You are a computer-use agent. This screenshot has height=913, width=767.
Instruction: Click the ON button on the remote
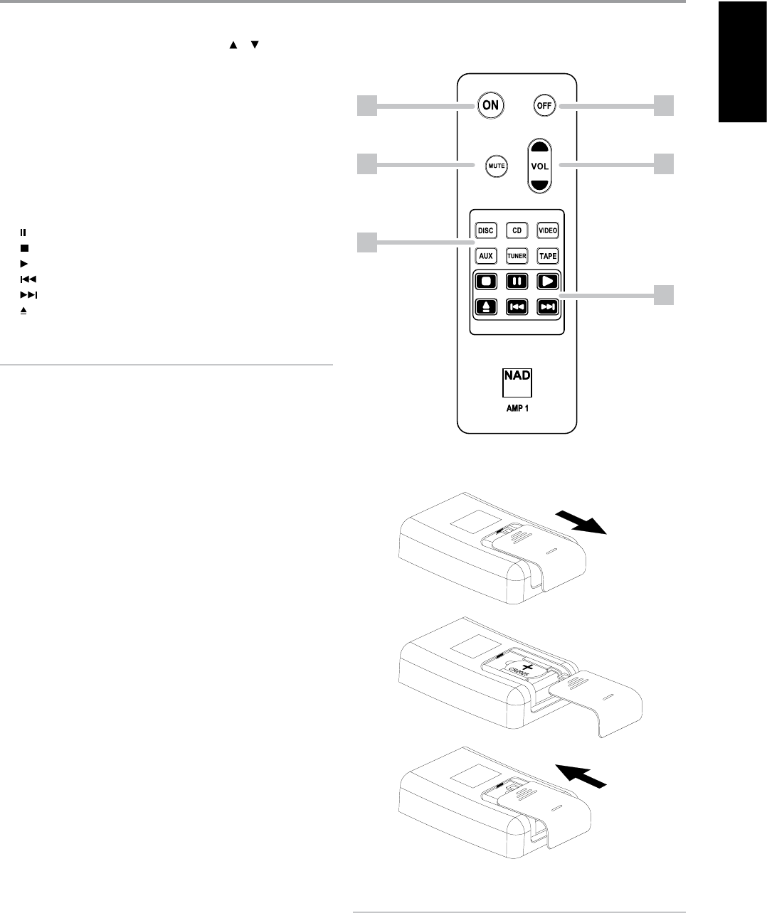(490, 105)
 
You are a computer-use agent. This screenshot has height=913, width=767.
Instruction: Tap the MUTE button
(496, 166)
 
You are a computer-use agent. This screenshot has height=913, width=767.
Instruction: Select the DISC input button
(485, 231)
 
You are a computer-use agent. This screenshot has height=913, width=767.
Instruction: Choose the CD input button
(516, 231)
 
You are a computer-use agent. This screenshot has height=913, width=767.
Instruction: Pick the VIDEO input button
(547, 231)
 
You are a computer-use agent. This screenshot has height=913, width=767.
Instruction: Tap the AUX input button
(485, 255)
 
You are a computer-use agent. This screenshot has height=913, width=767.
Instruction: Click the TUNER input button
(516, 255)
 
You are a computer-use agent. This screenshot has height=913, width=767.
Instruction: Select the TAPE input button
(547, 255)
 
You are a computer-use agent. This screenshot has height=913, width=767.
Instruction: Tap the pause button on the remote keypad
(516, 281)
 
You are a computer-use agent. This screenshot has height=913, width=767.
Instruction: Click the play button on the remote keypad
(547, 281)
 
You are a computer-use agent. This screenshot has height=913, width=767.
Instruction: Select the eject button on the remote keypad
(485, 307)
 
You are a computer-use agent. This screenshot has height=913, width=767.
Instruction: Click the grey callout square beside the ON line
(366, 106)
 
